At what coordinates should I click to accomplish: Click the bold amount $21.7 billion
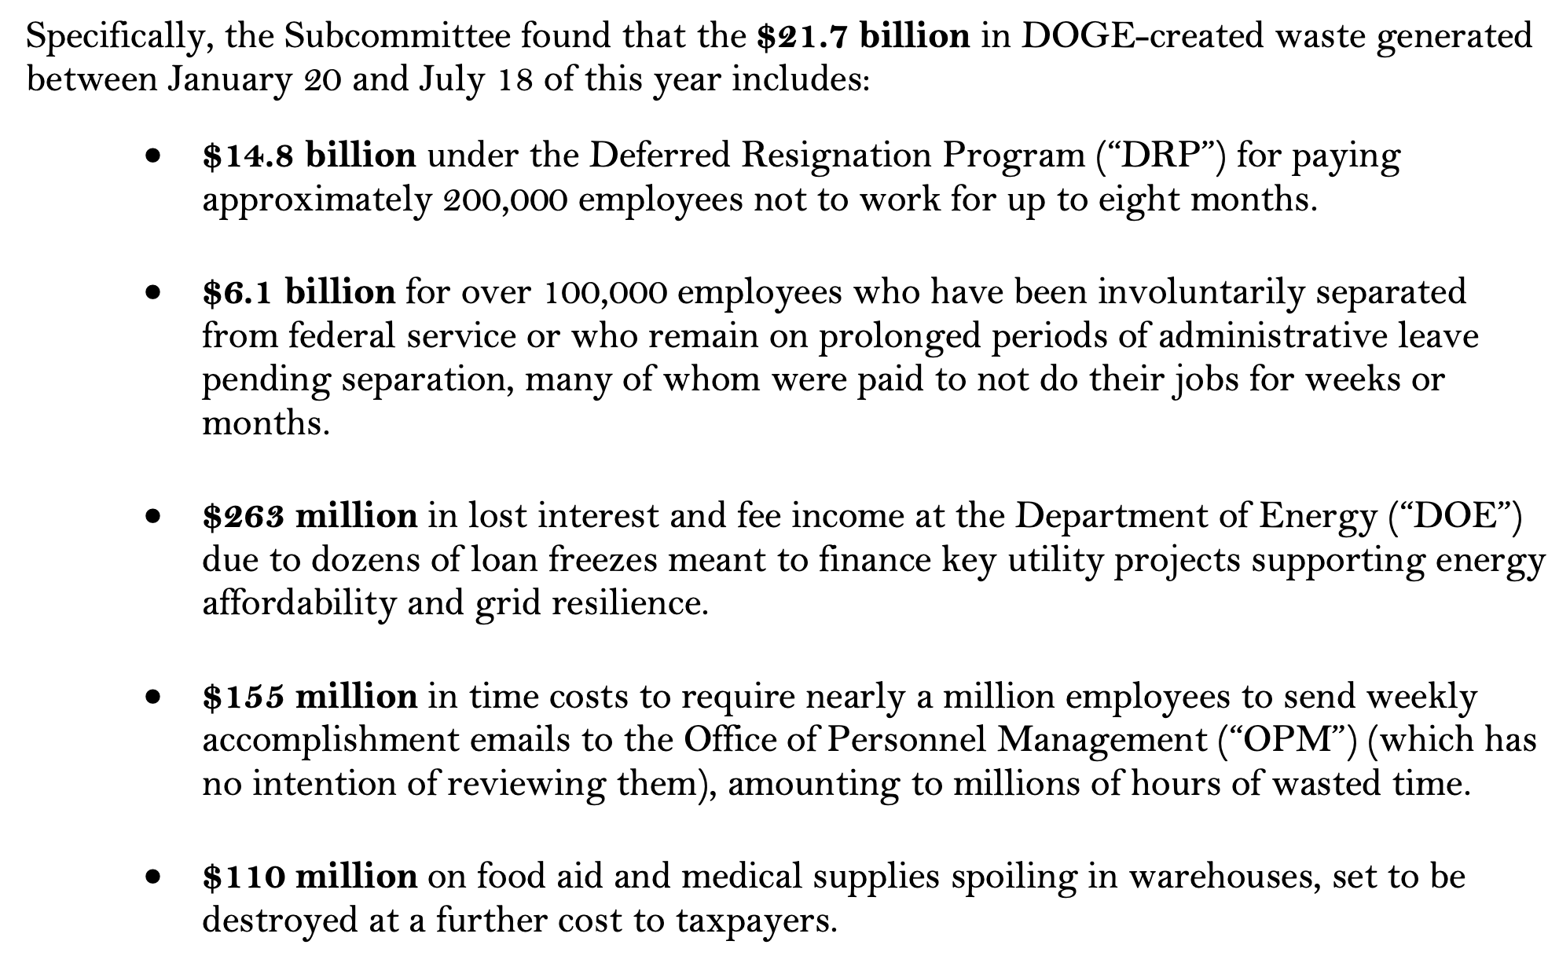[863, 37]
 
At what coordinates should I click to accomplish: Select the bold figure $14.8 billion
[309, 156]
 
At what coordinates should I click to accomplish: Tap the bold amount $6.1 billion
[299, 292]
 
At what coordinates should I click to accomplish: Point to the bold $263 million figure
[310, 516]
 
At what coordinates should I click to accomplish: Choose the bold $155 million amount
[310, 697]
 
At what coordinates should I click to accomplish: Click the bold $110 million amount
[310, 877]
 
